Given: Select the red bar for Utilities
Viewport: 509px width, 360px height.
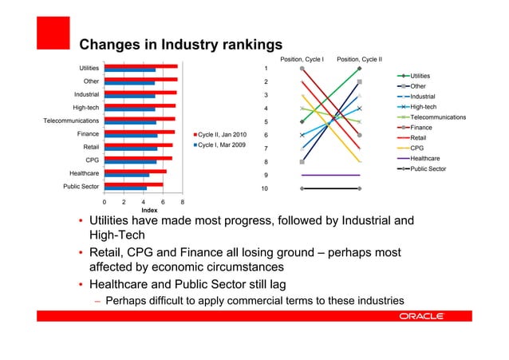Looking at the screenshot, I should tap(142, 66).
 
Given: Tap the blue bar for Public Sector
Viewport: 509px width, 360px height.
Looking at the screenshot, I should tap(125, 188).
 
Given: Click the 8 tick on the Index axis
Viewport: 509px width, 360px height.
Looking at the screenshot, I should tap(183, 204).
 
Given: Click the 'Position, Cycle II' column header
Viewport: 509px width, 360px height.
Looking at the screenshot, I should tap(360, 59).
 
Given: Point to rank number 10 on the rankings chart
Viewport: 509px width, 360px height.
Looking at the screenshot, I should tap(265, 188).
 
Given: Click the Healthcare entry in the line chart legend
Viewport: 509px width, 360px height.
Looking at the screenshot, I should tap(429, 159).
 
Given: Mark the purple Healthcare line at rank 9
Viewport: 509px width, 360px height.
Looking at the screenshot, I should tap(331, 175).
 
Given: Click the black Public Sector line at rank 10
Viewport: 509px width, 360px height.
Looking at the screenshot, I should tap(331, 188).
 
